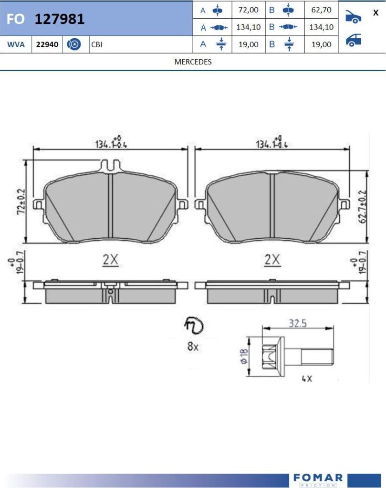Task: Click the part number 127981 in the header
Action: (60, 19)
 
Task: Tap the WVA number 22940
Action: (47, 44)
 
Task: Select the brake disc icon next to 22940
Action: (74, 44)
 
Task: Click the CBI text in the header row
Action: (97, 44)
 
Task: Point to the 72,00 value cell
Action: (248, 10)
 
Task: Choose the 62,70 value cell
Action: (321, 10)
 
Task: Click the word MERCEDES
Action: (193, 62)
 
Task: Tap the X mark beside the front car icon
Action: (376, 13)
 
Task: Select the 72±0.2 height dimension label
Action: (21, 202)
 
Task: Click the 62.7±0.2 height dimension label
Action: (363, 206)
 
